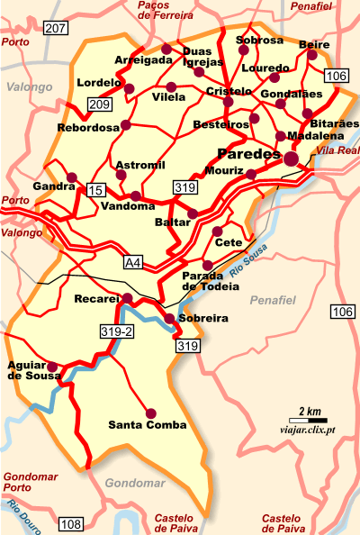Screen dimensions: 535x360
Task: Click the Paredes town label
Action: click(x=249, y=154)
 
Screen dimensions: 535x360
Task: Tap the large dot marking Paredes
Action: click(x=292, y=159)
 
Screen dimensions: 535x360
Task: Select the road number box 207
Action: click(x=56, y=29)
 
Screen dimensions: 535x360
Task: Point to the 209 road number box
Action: click(x=99, y=104)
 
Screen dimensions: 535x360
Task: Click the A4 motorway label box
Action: click(x=133, y=263)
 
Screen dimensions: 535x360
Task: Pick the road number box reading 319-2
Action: click(x=116, y=332)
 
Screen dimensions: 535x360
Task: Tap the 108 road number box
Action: click(x=70, y=523)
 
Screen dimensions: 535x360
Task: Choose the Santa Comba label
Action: click(x=148, y=424)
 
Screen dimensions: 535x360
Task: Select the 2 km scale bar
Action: click(x=309, y=417)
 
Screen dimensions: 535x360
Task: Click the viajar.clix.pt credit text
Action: click(x=301, y=432)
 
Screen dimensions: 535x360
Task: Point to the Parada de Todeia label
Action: click(x=211, y=280)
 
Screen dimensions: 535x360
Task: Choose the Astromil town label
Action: click(x=140, y=164)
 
